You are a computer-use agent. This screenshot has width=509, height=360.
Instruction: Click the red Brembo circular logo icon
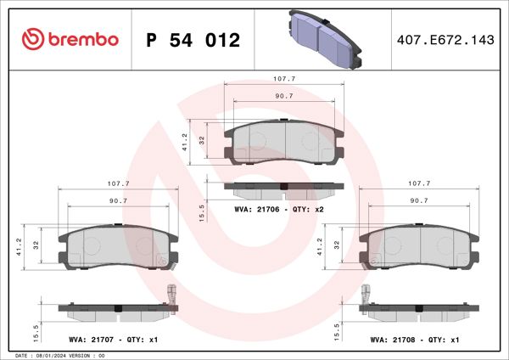31,39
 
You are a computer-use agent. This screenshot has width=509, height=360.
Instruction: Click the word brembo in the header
82,39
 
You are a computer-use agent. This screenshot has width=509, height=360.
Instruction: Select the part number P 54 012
193,40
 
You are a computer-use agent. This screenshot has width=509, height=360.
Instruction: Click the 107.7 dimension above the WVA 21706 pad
283,78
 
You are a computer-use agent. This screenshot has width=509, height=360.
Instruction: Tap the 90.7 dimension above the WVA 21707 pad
118,200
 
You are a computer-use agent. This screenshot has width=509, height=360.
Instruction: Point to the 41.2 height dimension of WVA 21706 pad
185,141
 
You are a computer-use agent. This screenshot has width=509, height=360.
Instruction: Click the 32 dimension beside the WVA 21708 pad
337,245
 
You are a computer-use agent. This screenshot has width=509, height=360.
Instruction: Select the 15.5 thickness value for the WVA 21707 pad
36,328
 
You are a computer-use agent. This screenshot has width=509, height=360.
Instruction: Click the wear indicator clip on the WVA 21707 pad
170,293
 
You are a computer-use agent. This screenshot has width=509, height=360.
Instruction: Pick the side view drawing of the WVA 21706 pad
283,188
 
